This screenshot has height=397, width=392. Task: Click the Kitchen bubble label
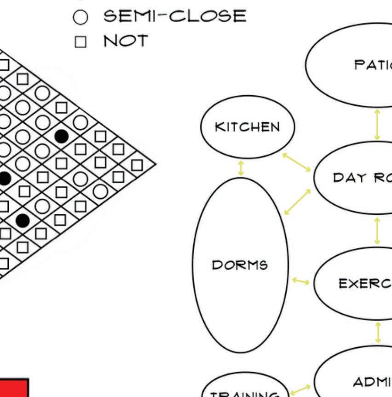(247, 127)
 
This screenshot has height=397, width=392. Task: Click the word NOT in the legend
(126, 41)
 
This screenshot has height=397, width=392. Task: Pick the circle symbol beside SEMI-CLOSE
(81, 18)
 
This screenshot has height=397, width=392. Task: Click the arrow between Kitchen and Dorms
(241, 167)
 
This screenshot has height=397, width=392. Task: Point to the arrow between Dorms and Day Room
(297, 201)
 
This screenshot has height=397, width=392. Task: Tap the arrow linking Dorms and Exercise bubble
(301, 281)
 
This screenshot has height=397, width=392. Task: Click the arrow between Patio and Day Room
(377, 124)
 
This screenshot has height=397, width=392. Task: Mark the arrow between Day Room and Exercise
(377, 231)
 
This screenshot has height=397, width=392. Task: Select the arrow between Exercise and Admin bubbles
(378, 332)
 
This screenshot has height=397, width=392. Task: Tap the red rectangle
(14, 388)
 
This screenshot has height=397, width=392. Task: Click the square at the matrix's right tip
(137, 165)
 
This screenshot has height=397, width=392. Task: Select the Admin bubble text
(372, 381)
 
